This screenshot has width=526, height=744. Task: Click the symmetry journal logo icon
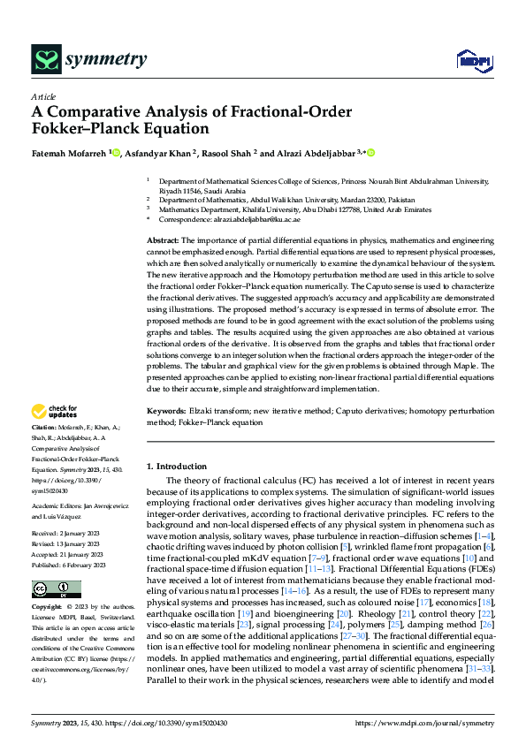[x=46, y=59]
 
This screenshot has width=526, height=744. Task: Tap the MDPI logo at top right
[x=469, y=60]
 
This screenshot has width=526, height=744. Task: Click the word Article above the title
[x=43, y=96]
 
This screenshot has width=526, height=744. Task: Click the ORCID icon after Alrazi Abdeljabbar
[x=371, y=152]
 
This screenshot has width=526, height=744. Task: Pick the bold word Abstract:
[x=162, y=240]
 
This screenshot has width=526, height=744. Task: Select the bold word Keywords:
[x=166, y=411]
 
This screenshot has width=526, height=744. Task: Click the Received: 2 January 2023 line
[x=68, y=534]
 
